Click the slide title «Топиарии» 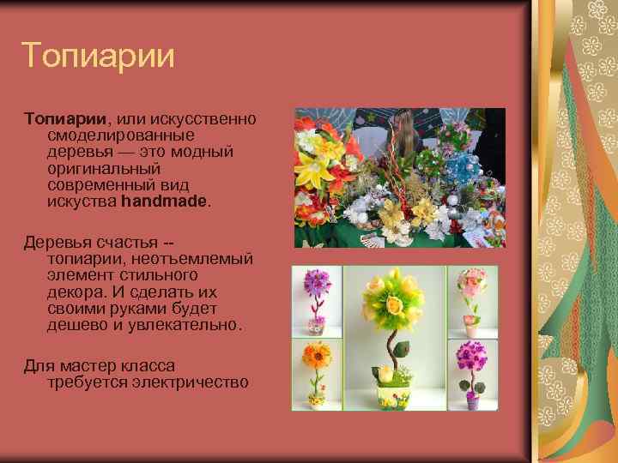[x=99, y=57]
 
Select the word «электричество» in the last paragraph [x=190, y=382]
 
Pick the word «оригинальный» [x=104, y=168]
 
